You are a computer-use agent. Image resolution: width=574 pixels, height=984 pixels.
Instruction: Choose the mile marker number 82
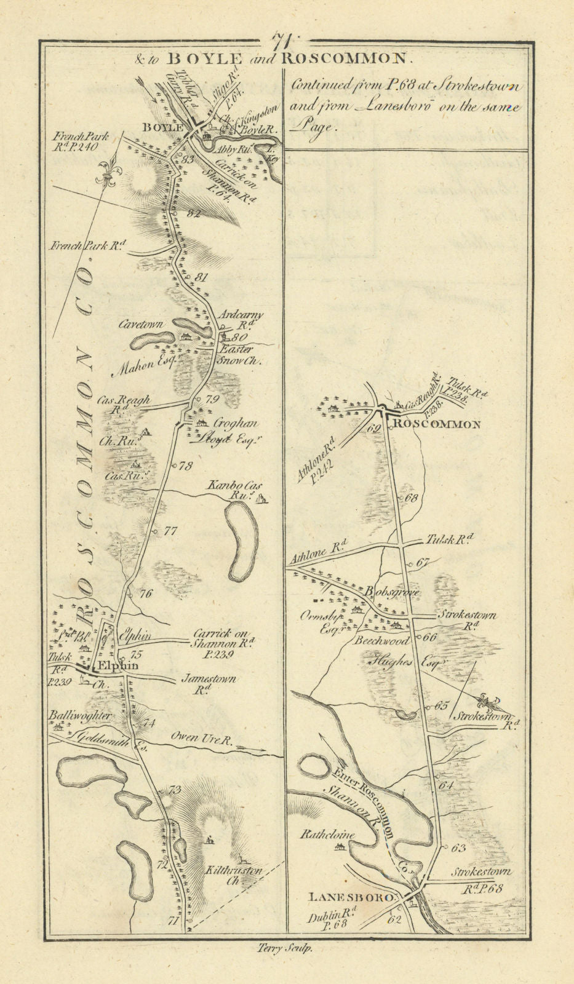pyautogui.click(x=194, y=213)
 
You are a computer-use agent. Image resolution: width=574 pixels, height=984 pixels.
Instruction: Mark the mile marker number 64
pyautogui.click(x=446, y=785)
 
